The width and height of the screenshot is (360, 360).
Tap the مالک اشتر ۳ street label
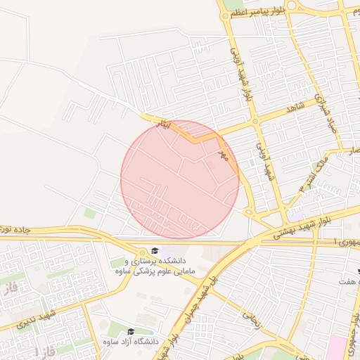(x=314, y=176)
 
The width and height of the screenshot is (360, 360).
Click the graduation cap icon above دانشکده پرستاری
(x=153, y=251)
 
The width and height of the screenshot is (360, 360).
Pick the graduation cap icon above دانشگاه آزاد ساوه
(x=131, y=331)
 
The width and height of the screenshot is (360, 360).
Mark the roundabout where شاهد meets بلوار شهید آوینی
(x=255, y=121)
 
